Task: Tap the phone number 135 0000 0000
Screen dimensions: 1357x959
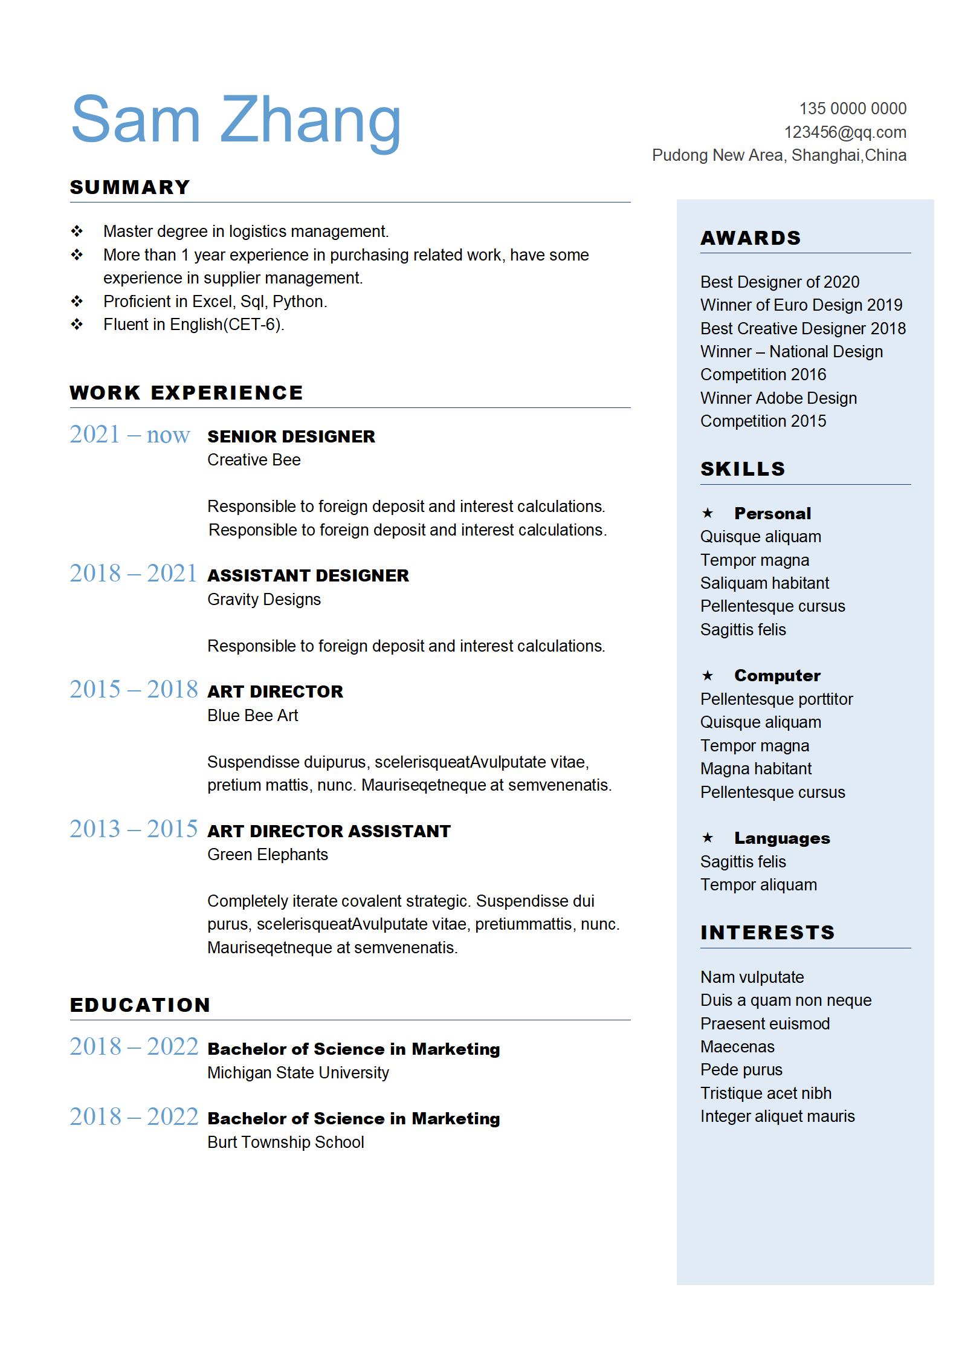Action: tap(853, 109)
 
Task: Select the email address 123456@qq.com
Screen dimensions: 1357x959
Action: tap(845, 132)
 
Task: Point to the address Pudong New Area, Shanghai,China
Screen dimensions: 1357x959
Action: tap(779, 155)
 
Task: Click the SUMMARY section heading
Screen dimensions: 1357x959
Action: tap(130, 187)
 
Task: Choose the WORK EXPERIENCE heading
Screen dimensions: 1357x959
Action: tap(186, 393)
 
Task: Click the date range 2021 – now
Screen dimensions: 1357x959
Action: tap(130, 435)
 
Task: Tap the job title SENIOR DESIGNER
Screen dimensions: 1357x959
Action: tap(291, 436)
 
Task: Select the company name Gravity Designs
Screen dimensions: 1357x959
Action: tap(263, 600)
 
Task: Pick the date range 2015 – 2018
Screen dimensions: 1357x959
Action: tap(134, 690)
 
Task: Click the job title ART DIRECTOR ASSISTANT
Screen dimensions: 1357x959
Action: tap(329, 831)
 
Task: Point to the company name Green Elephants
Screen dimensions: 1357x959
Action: tap(267, 855)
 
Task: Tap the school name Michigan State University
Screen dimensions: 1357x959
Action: tap(298, 1073)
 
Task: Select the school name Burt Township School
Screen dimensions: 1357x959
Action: tap(285, 1142)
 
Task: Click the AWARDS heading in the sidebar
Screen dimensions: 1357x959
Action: tap(751, 238)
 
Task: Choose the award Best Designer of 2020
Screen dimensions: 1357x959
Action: tap(780, 282)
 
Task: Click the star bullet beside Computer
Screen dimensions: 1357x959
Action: tap(708, 675)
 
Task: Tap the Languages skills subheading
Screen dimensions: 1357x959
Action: tap(782, 838)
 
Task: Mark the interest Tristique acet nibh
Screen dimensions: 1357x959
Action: tap(766, 1093)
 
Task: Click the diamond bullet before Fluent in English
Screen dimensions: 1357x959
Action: tap(77, 325)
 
